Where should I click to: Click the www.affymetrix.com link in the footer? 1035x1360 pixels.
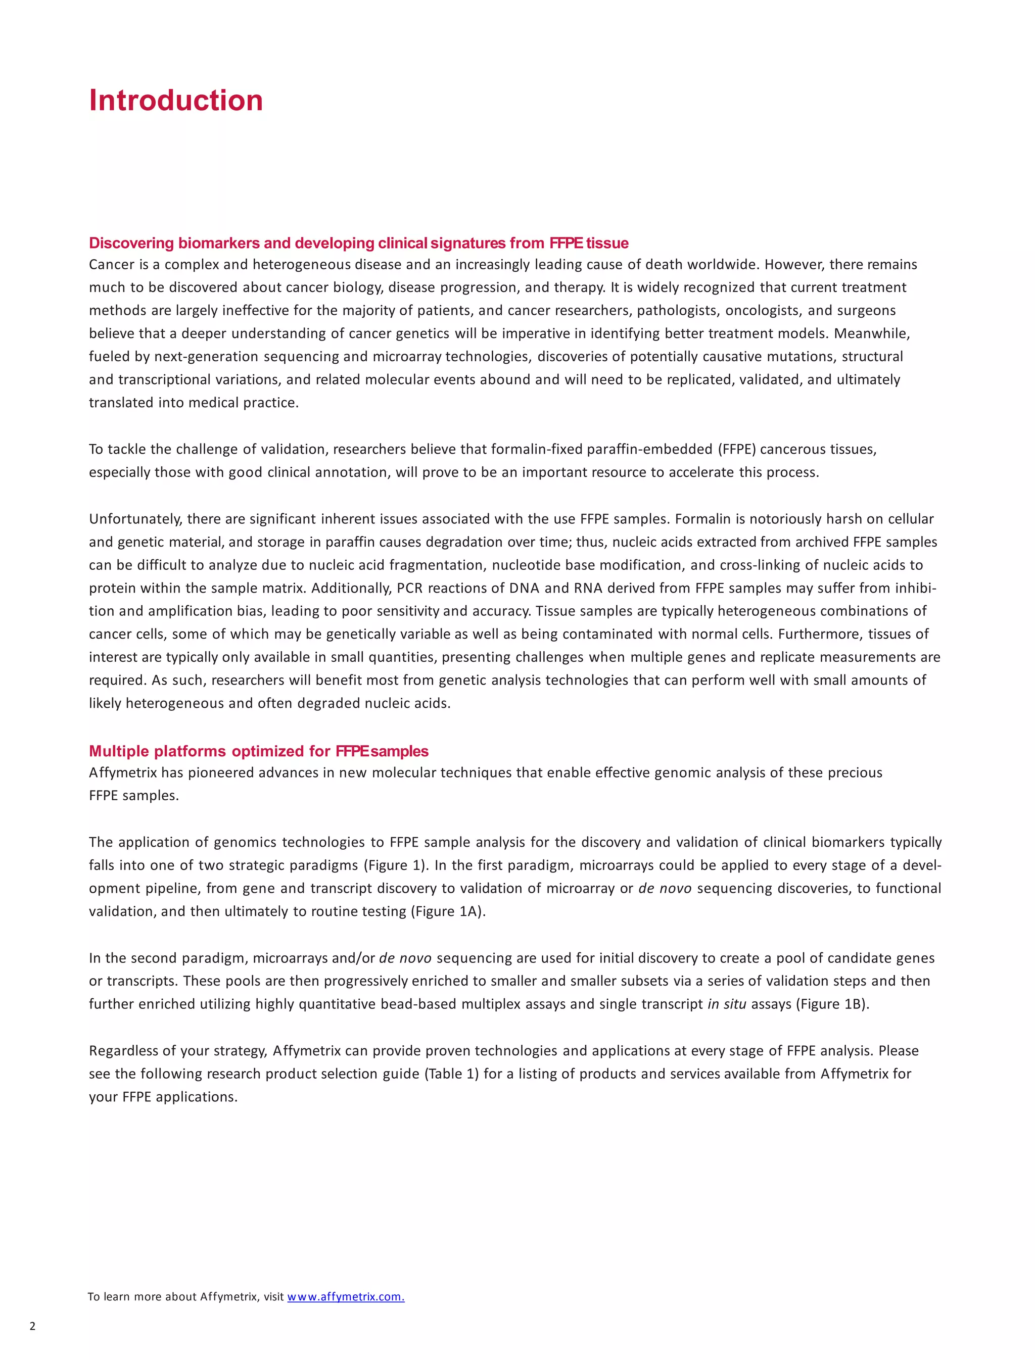coord(346,1296)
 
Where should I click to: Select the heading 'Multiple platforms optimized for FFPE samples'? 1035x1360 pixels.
coord(259,751)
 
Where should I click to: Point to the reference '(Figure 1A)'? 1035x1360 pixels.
coord(448,911)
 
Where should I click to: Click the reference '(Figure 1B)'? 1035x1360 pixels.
coord(832,1004)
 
